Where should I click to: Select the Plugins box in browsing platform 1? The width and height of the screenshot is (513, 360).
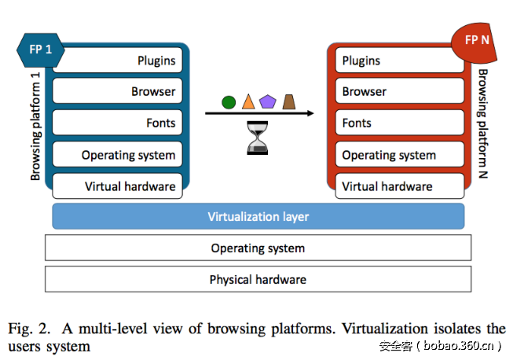pos(117,61)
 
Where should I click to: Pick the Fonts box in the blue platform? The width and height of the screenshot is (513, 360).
pos(117,123)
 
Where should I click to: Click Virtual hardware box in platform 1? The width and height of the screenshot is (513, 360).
pos(117,186)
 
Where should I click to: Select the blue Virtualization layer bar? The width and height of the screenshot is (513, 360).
pos(258,216)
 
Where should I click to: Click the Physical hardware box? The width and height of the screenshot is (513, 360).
pos(258,279)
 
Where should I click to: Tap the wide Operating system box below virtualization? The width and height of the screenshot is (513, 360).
pos(258,248)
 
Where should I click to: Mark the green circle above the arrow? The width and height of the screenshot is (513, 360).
pos(229,101)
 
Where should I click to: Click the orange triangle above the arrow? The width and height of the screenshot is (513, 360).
pos(248,101)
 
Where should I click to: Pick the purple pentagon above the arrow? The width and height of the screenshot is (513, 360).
pos(269,101)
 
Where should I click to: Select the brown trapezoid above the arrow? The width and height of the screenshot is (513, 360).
pos(289,101)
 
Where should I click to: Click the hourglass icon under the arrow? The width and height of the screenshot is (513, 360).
pos(258,136)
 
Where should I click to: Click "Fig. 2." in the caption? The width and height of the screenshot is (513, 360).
pos(27,329)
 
